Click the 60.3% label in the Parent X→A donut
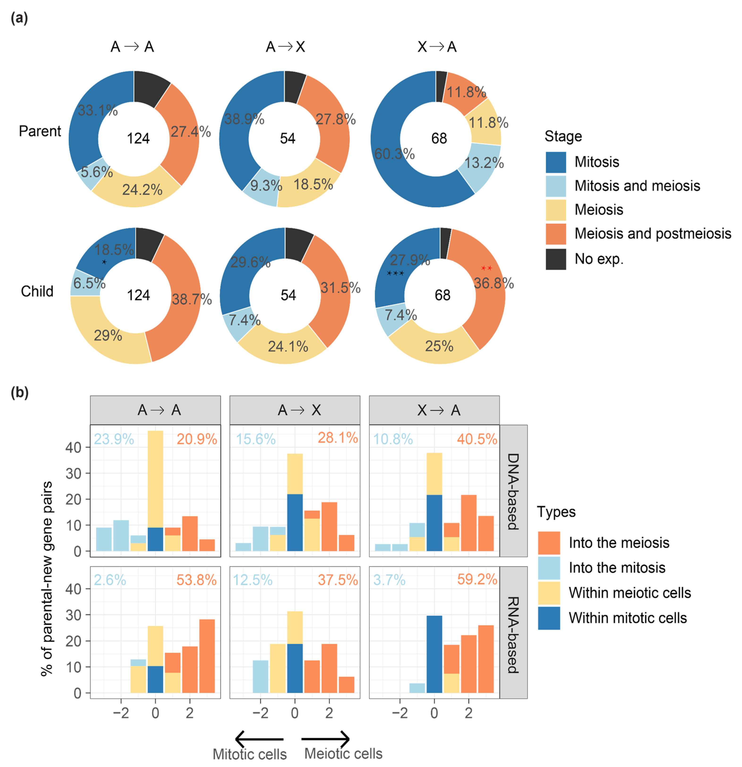(x=394, y=154)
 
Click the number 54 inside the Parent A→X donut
(x=287, y=138)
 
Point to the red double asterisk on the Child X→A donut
(x=486, y=268)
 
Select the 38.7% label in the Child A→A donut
(x=192, y=299)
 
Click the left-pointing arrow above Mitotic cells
(x=259, y=739)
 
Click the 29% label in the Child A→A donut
(x=108, y=335)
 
